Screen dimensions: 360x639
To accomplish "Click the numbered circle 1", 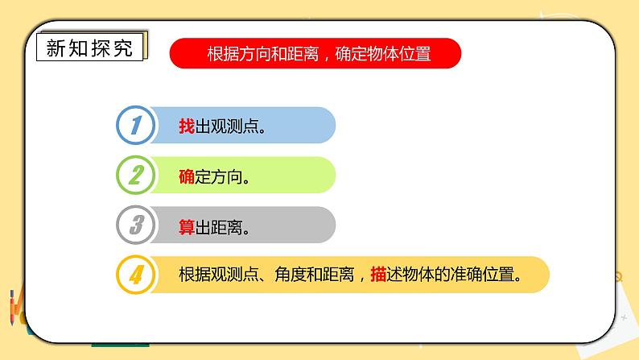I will [136, 125].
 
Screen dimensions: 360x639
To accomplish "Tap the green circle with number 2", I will [136, 175].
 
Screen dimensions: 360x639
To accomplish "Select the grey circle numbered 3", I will [136, 225].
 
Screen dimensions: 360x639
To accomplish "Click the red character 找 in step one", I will [186, 126].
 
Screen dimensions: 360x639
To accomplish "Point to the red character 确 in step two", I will [186, 176].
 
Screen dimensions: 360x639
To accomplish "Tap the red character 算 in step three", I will [186, 226].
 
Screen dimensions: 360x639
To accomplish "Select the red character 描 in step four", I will [378, 275].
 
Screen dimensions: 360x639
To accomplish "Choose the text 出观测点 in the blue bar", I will [226, 126].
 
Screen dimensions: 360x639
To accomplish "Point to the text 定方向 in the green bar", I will [218, 176].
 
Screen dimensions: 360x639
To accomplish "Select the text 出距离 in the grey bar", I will [218, 226].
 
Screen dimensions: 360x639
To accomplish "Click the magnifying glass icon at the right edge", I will [616, 278].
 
